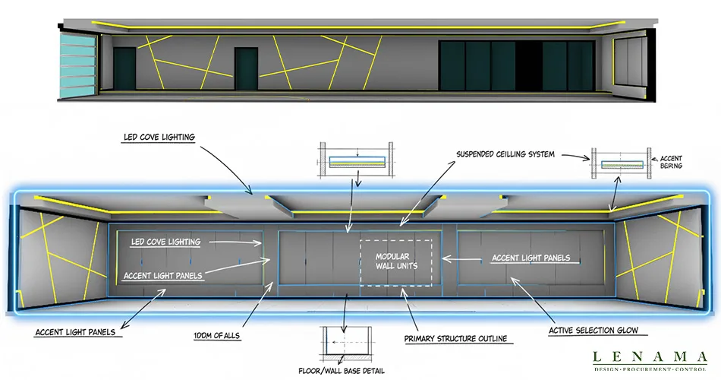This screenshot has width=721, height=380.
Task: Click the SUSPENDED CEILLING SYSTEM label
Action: pos(505,154)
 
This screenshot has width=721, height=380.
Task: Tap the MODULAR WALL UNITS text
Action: pos(396,261)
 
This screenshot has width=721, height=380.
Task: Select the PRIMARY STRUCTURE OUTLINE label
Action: pos(455,338)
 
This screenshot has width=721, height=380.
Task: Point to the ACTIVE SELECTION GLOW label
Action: pos(593,331)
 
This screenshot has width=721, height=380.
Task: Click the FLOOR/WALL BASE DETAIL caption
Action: pos(342,370)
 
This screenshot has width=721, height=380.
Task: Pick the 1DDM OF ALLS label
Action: pos(216,336)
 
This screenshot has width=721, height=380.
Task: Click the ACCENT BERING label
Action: pos(671,162)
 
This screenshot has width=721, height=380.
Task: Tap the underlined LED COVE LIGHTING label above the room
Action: pos(159,137)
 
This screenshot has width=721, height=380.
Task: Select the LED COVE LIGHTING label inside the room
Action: pos(165,242)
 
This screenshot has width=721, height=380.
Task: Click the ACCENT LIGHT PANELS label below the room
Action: pos(75,331)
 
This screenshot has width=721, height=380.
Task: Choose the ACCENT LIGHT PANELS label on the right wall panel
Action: pos(531,258)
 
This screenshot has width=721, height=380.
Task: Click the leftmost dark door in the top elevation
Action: pos(124,68)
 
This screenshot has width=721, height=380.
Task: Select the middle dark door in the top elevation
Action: pos(246,68)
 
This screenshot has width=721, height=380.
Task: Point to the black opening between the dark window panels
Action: pos(528,66)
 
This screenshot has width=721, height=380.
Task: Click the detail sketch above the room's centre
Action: pos(357,160)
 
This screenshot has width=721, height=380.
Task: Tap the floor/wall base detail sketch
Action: pos(346,344)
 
